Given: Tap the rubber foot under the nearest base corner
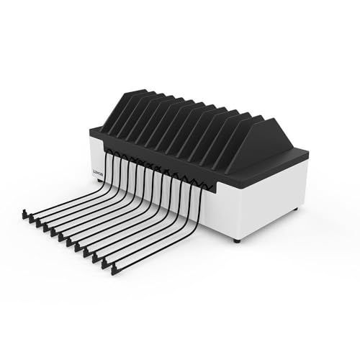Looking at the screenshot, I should pyautogui.click(x=237, y=241).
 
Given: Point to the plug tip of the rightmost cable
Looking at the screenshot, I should pyautogui.click(x=114, y=270).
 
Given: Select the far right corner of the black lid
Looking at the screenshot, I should pyautogui.click(x=308, y=153).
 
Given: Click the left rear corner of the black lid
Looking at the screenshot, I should pyautogui.click(x=91, y=130).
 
